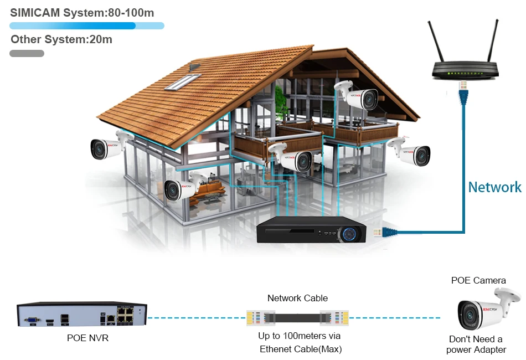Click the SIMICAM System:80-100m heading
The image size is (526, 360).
(82, 12)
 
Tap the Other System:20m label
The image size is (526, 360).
(61, 39)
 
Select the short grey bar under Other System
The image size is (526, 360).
(27, 54)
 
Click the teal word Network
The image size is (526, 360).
(494, 187)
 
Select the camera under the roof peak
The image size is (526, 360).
(358, 95)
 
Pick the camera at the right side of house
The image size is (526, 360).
(411, 151)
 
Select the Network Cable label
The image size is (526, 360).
(297, 298)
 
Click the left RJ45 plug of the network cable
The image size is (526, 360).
(257, 318)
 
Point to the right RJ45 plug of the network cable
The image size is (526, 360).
(337, 318)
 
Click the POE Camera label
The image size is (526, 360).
(478, 280)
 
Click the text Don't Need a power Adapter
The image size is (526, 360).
(476, 344)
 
